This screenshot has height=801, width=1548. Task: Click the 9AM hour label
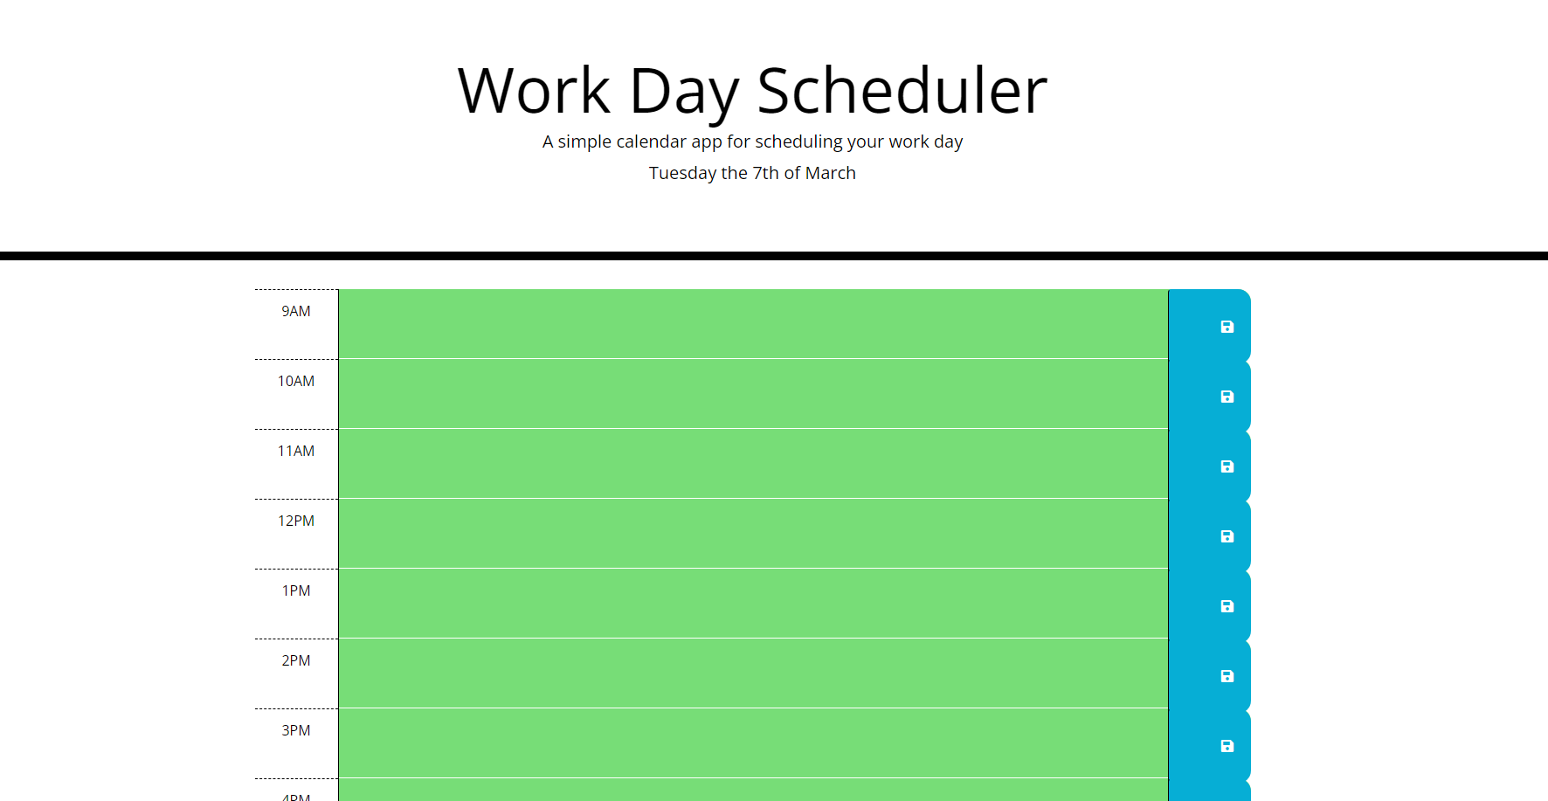pos(296,312)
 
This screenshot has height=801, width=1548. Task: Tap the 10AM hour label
pos(296,382)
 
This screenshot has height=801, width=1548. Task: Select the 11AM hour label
pos(296,452)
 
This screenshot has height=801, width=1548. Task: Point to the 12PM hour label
pos(296,521)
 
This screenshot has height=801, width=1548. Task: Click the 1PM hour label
pos(296,591)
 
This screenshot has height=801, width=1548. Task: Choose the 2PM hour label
pos(296,661)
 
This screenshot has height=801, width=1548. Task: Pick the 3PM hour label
pos(296,731)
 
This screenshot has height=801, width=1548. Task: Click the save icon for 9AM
pos(1227,327)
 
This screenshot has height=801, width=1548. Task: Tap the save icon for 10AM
pos(1227,397)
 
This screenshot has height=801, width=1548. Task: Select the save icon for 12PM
pos(1227,536)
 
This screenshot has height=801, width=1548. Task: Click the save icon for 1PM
pos(1227,606)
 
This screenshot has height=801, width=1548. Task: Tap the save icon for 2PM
pos(1227,676)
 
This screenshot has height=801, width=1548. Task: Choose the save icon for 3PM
pos(1227,746)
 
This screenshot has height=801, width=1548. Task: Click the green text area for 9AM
pos(753,324)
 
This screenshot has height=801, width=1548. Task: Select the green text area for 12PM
pos(753,534)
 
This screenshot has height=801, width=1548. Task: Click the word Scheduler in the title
pos(902,91)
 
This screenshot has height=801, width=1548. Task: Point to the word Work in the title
pos(534,91)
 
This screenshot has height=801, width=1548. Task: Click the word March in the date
pos(830,173)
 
